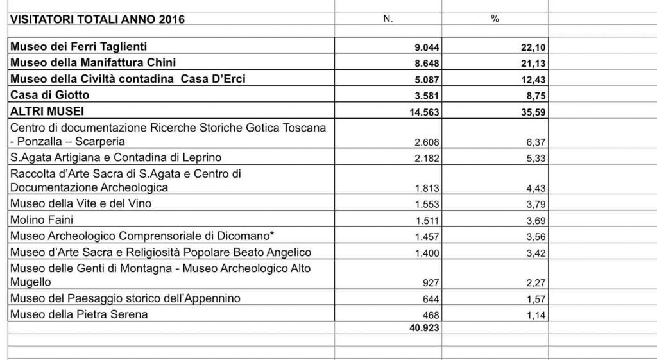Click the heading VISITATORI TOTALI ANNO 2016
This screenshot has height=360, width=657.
click(x=97, y=19)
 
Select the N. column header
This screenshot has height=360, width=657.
click(x=388, y=19)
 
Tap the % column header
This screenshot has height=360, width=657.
click(x=495, y=19)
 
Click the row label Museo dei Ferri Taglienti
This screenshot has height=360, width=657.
click(x=78, y=46)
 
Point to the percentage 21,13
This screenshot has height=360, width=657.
click(x=533, y=64)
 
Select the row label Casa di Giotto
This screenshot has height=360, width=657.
click(x=49, y=95)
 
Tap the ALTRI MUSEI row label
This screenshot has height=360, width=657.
click(x=47, y=111)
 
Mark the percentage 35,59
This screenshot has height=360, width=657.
click(x=533, y=112)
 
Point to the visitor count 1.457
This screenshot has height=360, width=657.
click(x=427, y=237)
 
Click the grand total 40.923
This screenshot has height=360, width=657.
click(x=424, y=327)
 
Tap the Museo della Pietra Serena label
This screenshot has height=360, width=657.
click(x=79, y=314)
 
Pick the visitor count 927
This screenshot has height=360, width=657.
click(x=432, y=284)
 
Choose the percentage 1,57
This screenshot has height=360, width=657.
click(x=536, y=300)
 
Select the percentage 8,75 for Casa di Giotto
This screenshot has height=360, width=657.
click(x=536, y=96)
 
